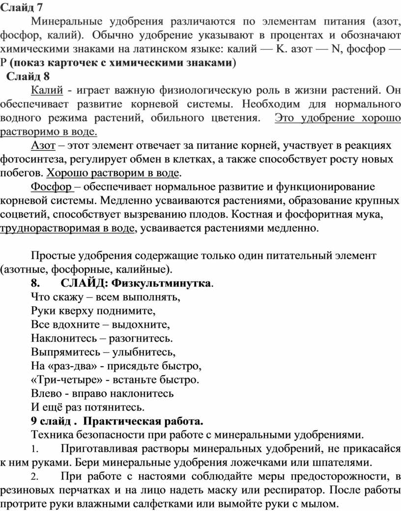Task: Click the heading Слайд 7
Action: [x=22, y=6]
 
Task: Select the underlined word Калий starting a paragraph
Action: [x=47, y=90]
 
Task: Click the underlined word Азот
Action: [x=43, y=146]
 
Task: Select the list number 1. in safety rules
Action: [x=34, y=449]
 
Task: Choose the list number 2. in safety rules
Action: [x=34, y=476]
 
